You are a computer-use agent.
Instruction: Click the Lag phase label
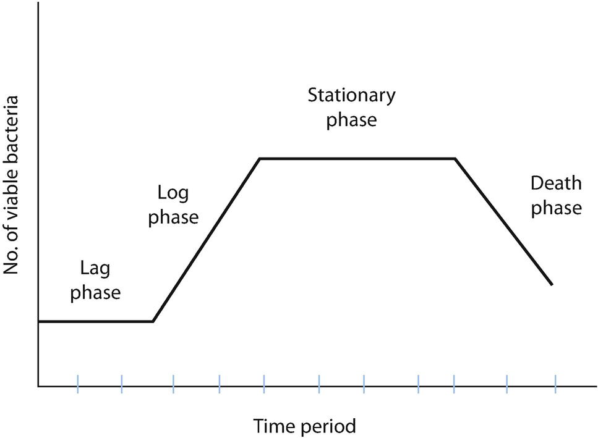click(95, 280)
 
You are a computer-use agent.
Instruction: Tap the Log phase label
click(173, 205)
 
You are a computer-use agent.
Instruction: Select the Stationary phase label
click(352, 107)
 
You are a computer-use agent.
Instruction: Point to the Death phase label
click(557, 196)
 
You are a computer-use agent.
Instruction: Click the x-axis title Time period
click(304, 426)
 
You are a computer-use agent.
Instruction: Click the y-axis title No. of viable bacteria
click(11, 185)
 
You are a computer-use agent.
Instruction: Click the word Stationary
click(352, 96)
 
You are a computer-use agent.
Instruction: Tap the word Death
click(557, 183)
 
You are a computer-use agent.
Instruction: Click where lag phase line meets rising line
click(153, 322)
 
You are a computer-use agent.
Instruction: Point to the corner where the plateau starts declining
click(455, 158)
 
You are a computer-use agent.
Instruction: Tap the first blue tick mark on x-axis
click(78, 384)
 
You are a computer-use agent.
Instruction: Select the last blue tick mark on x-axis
click(555, 384)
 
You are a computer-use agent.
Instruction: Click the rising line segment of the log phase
click(207, 240)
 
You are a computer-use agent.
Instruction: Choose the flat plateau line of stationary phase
click(357, 158)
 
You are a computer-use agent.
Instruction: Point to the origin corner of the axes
click(38, 386)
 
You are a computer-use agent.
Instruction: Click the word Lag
click(95, 269)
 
